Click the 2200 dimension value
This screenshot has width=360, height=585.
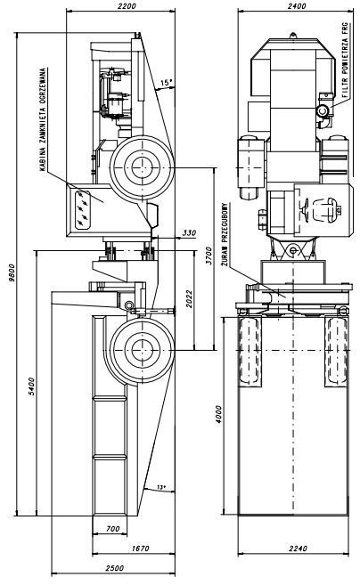[127, 5]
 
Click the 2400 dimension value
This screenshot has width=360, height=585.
[297, 5]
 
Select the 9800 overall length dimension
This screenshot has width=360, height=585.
[12, 272]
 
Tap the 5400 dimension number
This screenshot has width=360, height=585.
[31, 386]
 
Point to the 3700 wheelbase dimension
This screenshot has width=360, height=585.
[209, 256]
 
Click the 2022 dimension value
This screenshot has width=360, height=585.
[189, 298]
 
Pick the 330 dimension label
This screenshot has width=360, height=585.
[189, 232]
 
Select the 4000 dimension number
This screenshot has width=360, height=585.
[218, 414]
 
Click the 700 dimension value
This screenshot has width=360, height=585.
[113, 529]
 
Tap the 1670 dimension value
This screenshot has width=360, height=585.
[140, 548]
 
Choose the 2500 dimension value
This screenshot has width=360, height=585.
[114, 568]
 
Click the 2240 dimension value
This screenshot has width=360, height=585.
[298, 548]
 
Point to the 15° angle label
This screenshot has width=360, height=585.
[167, 83]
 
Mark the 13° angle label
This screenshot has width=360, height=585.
[161, 487]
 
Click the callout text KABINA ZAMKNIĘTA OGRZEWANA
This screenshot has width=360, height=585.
[43, 119]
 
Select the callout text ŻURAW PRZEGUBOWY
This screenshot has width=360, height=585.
[225, 234]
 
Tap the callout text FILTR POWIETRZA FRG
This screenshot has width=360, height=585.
[345, 61]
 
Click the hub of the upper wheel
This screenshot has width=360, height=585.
[143, 168]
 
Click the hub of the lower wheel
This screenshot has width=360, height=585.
[143, 350]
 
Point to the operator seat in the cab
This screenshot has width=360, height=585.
[327, 208]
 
